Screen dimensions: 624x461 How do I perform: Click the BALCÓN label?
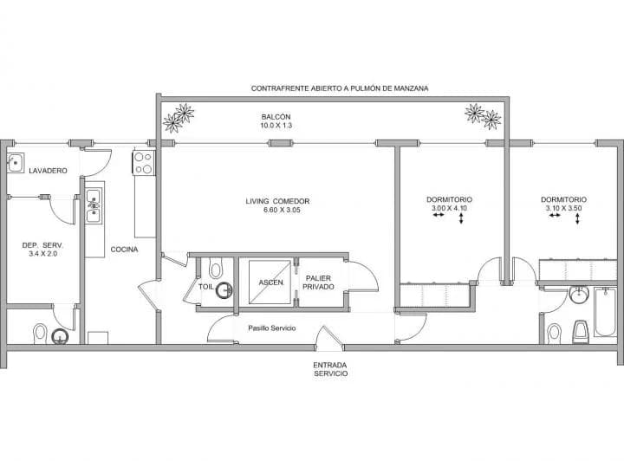tap(276, 117)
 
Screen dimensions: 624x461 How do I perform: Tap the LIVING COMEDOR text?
tap(277, 201)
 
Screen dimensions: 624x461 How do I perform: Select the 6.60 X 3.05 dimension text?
tap(282, 210)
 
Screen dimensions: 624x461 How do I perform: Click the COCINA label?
tap(124, 250)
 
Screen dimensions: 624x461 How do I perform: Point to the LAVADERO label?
tap(49, 171)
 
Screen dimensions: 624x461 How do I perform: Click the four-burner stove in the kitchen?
tap(144, 163)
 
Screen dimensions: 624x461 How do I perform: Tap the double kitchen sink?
tap(94, 205)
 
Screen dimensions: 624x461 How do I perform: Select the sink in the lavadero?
tap(16, 163)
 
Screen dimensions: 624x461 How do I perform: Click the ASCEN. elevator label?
tap(271, 282)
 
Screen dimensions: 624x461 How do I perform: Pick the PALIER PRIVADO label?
tap(318, 282)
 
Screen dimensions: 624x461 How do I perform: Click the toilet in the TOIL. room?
tap(216, 268)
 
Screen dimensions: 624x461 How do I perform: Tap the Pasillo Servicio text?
tap(272, 328)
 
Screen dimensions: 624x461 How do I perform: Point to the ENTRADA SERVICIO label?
tap(330, 369)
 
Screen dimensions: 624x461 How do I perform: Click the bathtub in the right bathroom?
tap(605, 312)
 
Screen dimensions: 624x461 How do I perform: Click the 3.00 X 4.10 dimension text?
tap(449, 208)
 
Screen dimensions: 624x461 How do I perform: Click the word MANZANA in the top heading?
tap(411, 88)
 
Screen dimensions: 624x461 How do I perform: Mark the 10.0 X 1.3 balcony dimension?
tap(276, 126)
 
